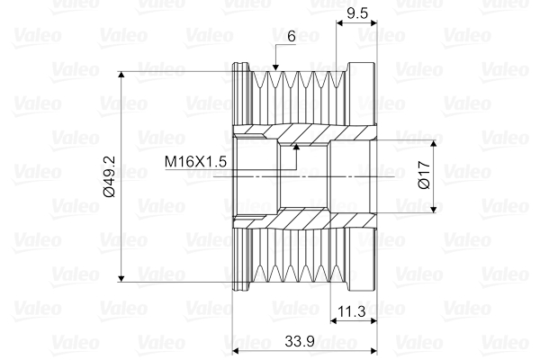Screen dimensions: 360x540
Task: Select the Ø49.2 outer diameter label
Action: click(111, 175)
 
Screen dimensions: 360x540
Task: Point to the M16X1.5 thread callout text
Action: click(194, 161)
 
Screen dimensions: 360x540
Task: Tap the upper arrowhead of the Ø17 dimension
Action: click(436, 145)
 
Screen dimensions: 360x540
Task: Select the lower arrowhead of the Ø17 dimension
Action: click(436, 208)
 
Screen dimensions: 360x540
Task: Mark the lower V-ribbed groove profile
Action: click(292, 261)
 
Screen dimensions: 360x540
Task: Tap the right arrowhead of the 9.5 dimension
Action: click(370, 25)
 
